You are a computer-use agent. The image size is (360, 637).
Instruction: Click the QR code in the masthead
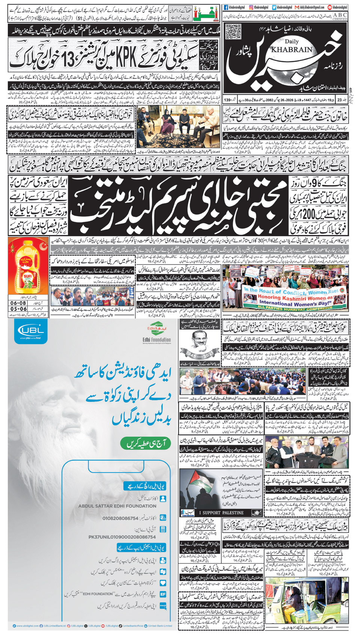233,31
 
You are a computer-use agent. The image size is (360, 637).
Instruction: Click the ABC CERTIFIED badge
340,16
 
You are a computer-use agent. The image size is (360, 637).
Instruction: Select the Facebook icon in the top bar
226,7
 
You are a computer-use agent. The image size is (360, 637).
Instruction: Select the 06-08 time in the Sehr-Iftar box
18,303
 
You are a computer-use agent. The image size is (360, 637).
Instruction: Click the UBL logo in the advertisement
30,332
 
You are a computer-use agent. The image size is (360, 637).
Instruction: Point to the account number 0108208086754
121,518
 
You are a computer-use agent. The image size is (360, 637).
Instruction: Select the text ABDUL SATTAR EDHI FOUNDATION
117,506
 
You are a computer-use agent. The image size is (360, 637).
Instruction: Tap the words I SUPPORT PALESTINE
221,512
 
